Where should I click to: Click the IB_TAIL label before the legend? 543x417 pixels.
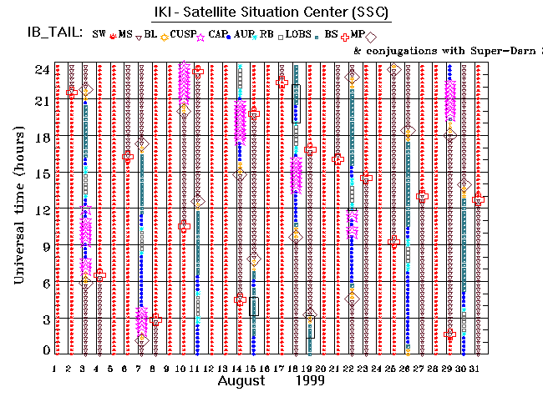[53, 33]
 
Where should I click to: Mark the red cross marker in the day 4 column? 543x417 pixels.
[100, 274]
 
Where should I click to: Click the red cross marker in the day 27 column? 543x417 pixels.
[422, 196]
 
